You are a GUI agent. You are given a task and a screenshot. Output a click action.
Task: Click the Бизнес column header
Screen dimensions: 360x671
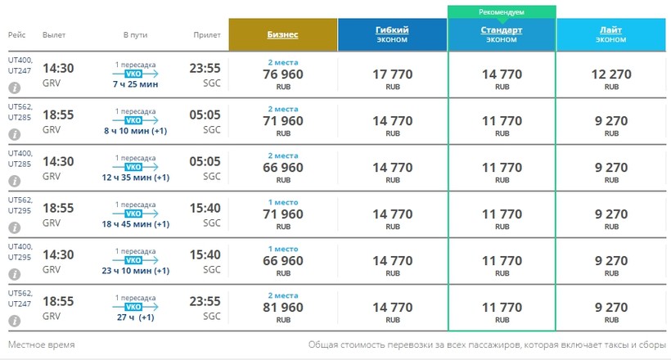(x=282, y=34)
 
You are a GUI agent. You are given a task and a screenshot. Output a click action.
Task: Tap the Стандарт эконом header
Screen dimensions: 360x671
(x=501, y=34)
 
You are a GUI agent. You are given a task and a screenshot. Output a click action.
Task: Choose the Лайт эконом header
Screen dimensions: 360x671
(x=611, y=34)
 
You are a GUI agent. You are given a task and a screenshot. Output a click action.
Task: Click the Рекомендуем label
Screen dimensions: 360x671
(x=501, y=12)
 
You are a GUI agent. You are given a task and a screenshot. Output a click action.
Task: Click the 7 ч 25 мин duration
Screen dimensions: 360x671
(x=137, y=84)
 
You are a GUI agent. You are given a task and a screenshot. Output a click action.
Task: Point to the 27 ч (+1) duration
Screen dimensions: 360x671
(x=137, y=317)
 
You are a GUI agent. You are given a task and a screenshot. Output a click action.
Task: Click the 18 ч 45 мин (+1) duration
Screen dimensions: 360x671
(x=137, y=224)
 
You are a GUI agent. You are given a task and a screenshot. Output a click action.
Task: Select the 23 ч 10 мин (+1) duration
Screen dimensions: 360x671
(x=137, y=271)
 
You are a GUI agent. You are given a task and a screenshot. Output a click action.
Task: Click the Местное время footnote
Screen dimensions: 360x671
(x=41, y=344)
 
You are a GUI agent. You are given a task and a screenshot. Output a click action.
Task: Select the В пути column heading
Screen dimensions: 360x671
(x=136, y=34)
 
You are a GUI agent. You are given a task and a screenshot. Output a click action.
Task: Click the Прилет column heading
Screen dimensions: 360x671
(x=206, y=34)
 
